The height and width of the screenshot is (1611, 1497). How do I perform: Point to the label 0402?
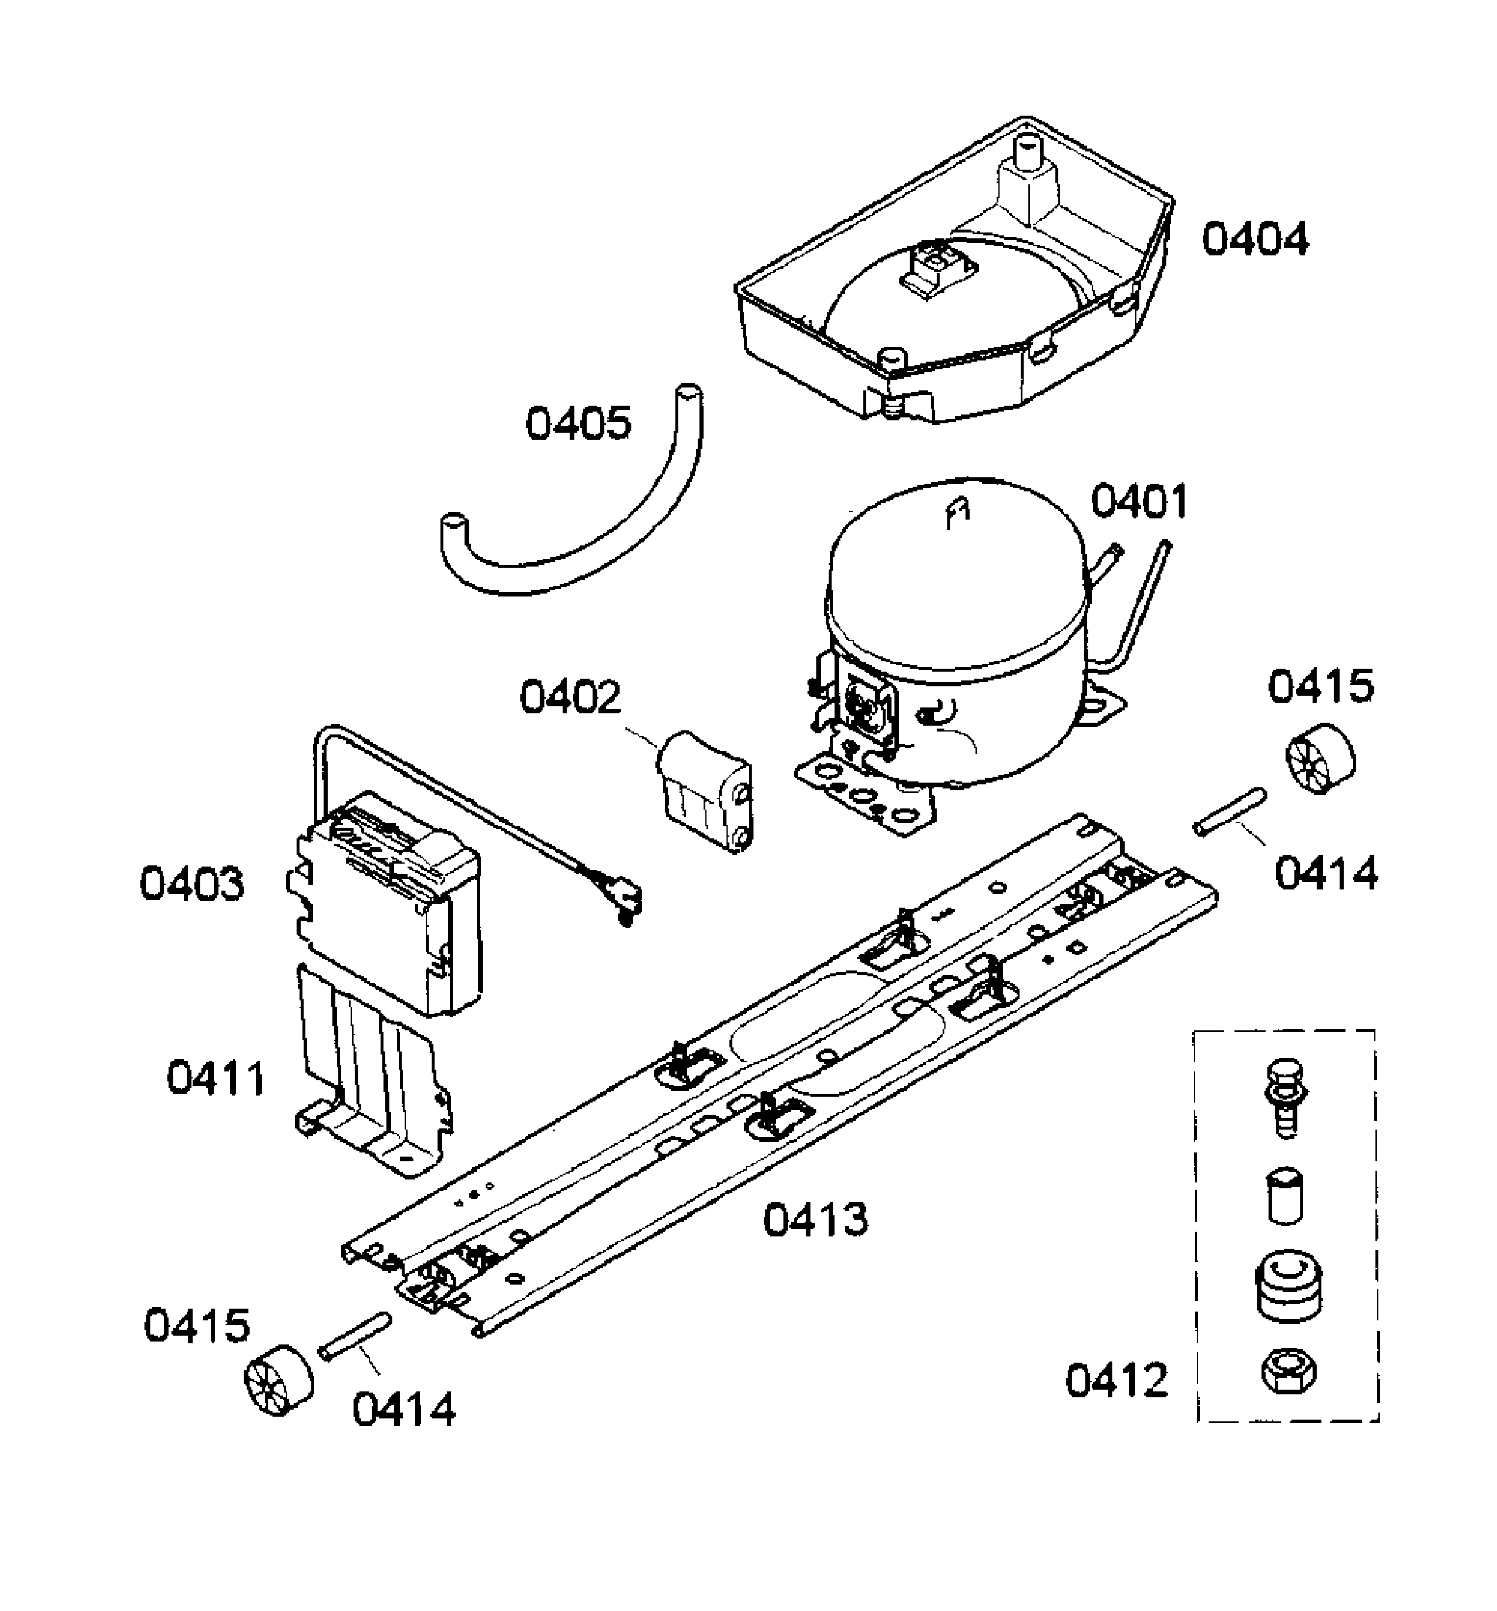point(570,697)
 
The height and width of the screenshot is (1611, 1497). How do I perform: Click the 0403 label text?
point(191,884)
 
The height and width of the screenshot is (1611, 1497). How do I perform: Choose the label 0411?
point(216,1079)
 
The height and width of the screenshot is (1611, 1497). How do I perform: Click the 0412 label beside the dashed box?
point(1116,1380)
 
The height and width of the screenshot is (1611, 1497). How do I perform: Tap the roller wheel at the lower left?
point(278,1380)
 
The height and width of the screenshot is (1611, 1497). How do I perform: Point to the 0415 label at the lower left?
point(197,1326)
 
